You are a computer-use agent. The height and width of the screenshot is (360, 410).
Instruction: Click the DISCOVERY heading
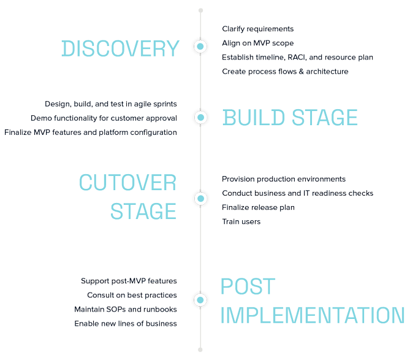(120, 48)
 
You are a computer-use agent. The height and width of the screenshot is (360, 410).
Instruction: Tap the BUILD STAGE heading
(290, 117)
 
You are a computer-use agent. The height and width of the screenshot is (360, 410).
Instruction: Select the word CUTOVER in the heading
(127, 182)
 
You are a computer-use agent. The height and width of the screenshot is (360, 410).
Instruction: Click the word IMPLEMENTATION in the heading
(312, 315)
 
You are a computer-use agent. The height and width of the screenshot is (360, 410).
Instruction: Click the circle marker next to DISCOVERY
(200, 46)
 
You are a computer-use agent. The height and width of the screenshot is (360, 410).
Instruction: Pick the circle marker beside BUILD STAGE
(200, 117)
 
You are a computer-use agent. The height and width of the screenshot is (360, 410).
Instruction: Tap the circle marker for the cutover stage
(200, 199)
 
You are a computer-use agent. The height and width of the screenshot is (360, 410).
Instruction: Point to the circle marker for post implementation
(200, 300)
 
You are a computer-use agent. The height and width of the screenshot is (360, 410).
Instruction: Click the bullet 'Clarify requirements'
(257, 29)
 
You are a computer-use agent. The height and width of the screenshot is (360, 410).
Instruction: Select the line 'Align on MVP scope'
(257, 43)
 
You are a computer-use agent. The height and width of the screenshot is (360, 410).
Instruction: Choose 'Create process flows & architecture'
(285, 71)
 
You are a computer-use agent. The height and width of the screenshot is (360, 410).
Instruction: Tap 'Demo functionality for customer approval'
(104, 118)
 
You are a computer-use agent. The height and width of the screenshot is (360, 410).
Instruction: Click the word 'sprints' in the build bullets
(162, 104)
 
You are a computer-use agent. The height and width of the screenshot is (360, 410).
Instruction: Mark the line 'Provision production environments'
(284, 179)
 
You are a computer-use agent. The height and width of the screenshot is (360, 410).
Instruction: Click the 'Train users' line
(241, 221)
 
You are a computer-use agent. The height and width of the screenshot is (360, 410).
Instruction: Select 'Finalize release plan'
(258, 207)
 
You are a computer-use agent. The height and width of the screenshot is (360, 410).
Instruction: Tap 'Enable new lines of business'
(126, 323)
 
